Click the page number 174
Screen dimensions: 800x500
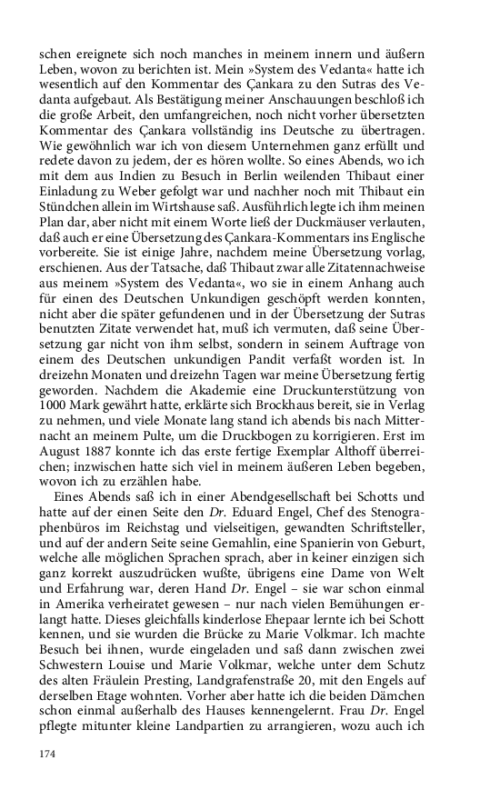pyautogui.click(x=47, y=754)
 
